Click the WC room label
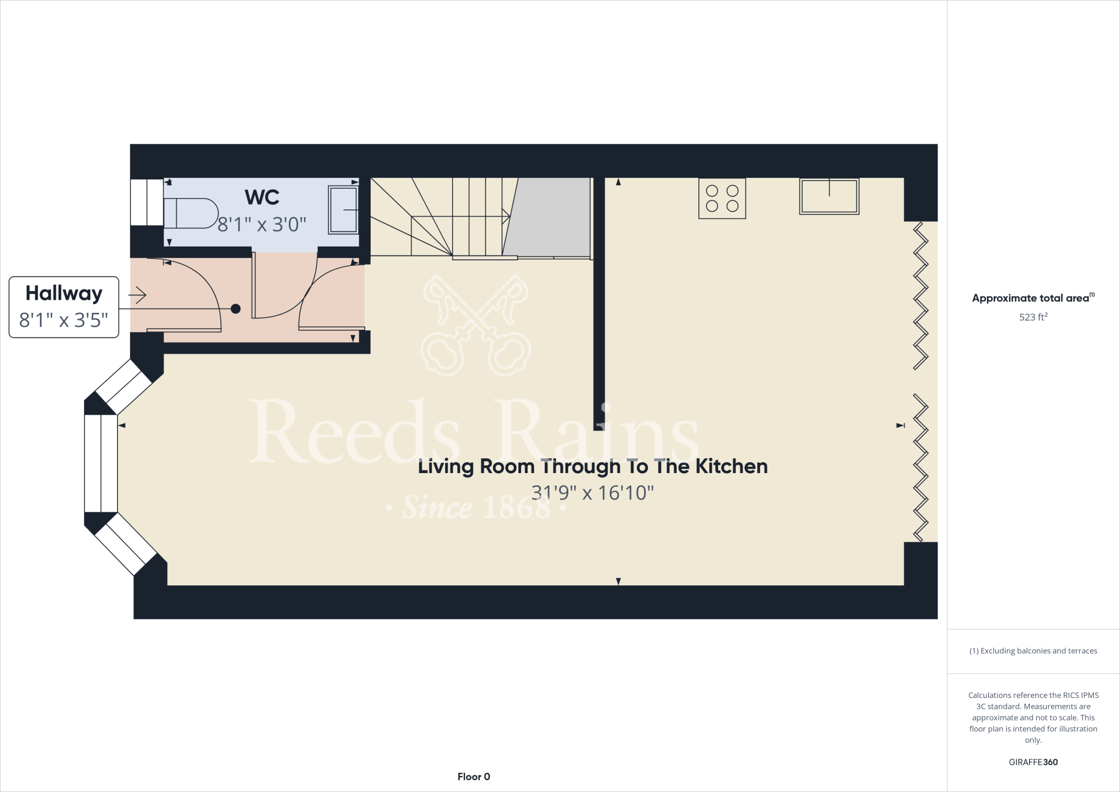262,197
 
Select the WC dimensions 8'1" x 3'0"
262,224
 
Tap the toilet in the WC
190,213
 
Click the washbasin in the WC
343,209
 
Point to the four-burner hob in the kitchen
722,199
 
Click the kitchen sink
829,196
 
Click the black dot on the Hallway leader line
236,309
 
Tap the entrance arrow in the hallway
138,295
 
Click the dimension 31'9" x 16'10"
593,493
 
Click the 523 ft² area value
1033,317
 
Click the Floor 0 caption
474,777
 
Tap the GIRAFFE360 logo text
1033,762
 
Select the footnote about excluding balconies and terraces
1033,651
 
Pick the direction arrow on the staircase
506,217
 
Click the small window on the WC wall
147,202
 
